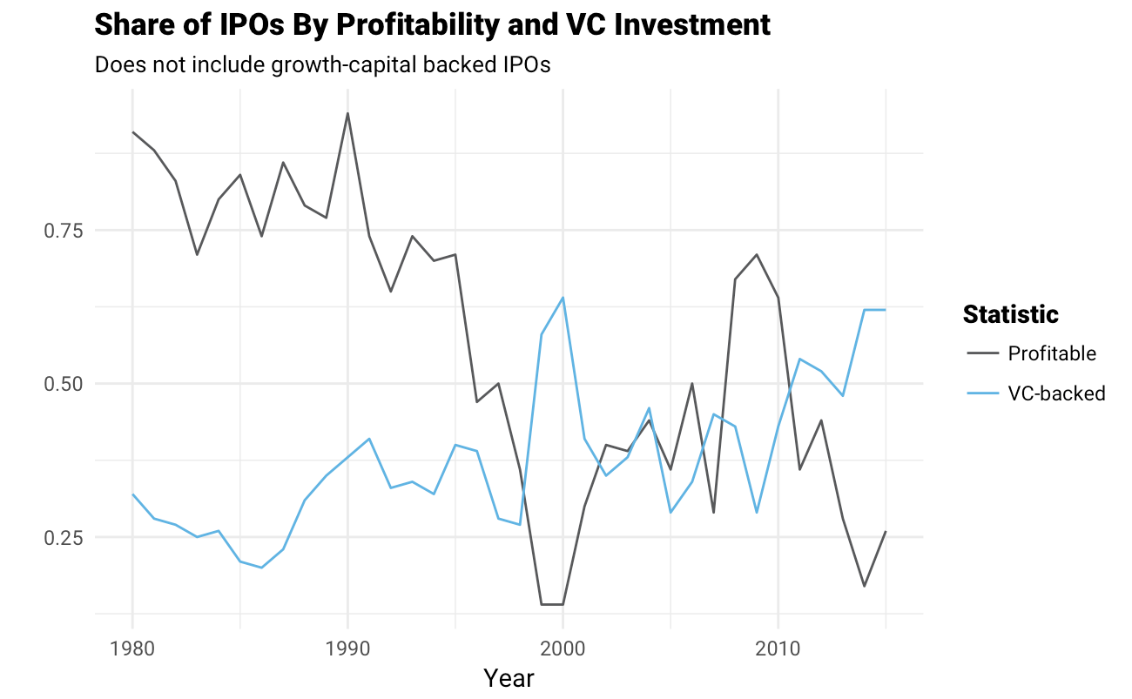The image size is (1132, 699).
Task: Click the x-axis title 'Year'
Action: [509, 678]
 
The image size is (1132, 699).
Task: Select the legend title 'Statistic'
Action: [1010, 314]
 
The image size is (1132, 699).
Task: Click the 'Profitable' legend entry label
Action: [1052, 353]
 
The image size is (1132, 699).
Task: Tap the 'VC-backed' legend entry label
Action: [1056, 393]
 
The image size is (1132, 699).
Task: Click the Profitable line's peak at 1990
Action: [347, 113]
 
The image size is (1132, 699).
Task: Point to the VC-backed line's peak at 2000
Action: [563, 298]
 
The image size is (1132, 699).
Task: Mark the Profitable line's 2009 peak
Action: [757, 254]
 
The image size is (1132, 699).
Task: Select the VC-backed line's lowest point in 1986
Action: [261, 568]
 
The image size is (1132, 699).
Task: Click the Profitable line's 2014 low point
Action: [864, 586]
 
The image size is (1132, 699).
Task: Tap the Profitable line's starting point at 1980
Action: [132, 132]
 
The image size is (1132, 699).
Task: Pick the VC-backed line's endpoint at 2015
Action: [886, 310]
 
